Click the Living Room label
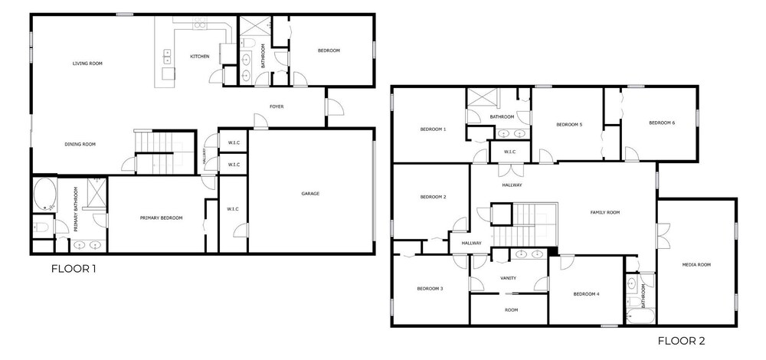87,64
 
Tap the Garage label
310,194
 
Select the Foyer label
277,106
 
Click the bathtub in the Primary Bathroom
45,195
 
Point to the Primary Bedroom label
161,218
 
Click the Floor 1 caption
74,269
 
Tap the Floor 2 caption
682,341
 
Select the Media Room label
696,265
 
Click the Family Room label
605,212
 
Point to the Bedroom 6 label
662,123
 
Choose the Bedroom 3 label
430,289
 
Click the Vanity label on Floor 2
508,279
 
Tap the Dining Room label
80,145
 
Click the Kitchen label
200,57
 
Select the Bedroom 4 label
586,294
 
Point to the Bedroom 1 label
434,129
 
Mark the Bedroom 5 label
569,125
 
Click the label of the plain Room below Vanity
511,310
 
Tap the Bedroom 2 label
434,198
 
